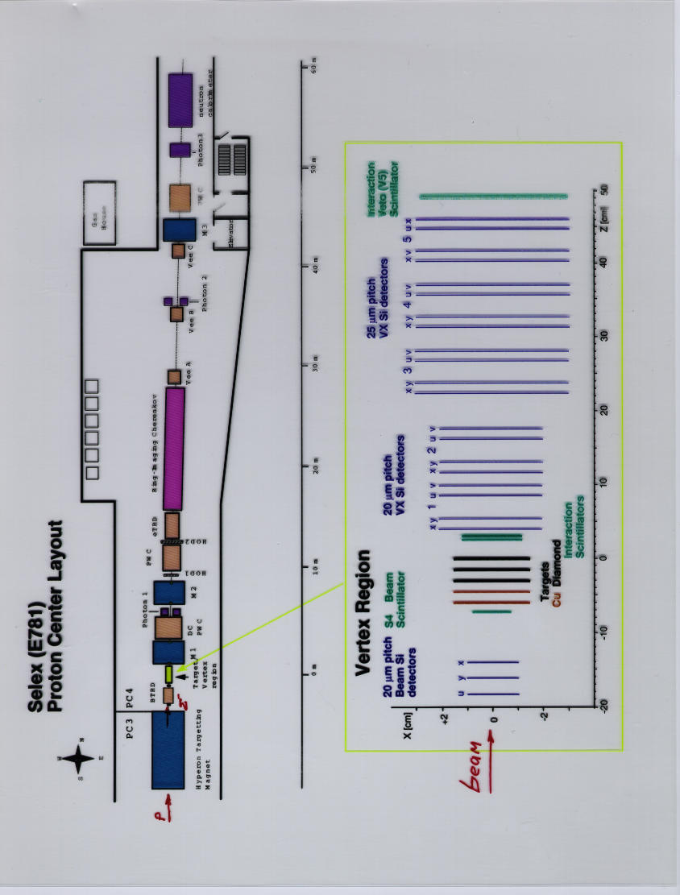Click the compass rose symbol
(80, 758)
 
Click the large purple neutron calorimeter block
(180, 100)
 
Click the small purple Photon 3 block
(180, 150)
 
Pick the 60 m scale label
(314, 68)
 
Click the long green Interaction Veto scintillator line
(493, 196)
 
